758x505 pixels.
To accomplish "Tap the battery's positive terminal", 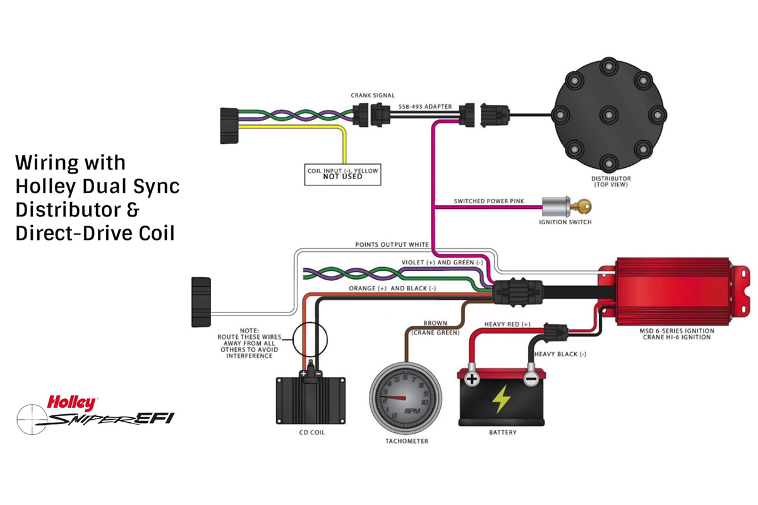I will click(x=472, y=379).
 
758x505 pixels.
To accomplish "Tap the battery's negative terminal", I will click(x=531, y=379).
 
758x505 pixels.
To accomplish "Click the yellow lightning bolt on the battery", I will click(x=502, y=399).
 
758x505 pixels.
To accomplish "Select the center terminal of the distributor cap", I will click(x=608, y=114).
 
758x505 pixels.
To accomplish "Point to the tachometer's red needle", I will click(x=396, y=398).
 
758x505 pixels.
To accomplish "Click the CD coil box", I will click(x=311, y=401).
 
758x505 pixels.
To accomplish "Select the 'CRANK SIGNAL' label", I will click(x=373, y=96).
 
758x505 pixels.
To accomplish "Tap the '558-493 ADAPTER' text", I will click(x=425, y=107).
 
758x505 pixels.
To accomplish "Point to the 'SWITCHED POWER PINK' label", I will click(x=488, y=201).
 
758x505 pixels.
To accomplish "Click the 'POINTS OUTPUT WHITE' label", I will click(x=392, y=244).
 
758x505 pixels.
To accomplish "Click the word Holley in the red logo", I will click(x=71, y=402).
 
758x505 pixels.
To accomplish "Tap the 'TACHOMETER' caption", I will click(x=407, y=441).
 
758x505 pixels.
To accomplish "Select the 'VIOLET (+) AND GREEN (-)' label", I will click(x=442, y=262).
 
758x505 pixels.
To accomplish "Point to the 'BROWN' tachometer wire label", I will click(x=435, y=323).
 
